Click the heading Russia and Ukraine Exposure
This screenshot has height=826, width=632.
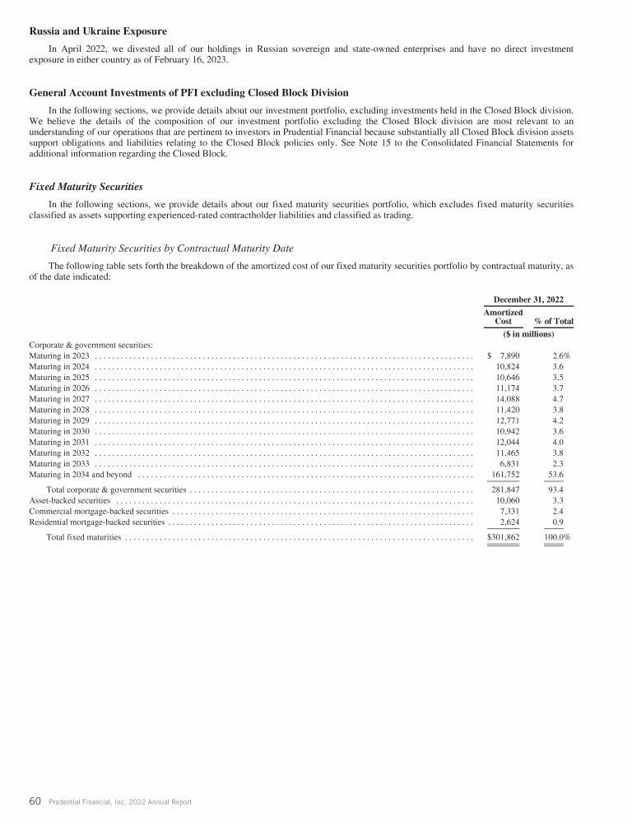tap(98, 32)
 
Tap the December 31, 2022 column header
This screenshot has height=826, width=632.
tap(527, 299)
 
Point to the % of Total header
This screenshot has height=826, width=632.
tap(553, 321)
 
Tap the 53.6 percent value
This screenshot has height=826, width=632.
tap(557, 475)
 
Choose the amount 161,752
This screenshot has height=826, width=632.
tap(505, 475)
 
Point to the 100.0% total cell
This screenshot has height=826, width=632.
tap(557, 537)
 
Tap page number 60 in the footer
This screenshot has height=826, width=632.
tap(35, 800)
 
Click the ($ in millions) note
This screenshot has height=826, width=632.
tap(527, 334)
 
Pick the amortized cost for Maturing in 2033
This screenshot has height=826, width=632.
tap(511, 463)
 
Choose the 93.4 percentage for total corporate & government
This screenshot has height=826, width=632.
tap(557, 490)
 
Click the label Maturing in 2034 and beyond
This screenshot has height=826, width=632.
tap(81, 475)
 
